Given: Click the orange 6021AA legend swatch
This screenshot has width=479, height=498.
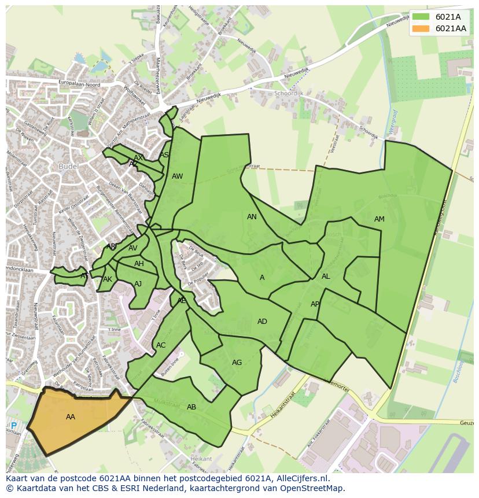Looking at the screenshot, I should click(x=421, y=28).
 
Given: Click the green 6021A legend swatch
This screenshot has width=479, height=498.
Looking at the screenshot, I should click(x=421, y=17).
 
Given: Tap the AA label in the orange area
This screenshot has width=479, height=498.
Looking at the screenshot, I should click(x=71, y=417).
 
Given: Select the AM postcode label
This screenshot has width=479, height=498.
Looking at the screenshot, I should click(x=379, y=219).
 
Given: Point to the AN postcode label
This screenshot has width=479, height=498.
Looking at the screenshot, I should click(x=252, y=217).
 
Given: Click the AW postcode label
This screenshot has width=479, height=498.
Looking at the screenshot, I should click(x=177, y=176).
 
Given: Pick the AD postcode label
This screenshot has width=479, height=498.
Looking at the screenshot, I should click(x=262, y=322).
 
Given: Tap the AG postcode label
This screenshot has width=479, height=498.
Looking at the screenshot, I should click(x=237, y=363).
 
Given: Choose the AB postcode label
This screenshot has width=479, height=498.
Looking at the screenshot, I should click(x=191, y=407).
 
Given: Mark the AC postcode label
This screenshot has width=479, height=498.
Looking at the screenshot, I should click(x=161, y=345).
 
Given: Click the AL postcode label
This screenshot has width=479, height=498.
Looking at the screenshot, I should click(x=326, y=276).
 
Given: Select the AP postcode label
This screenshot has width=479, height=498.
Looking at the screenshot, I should click(x=315, y=304).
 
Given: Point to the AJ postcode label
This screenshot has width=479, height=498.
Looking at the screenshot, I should click(x=138, y=284).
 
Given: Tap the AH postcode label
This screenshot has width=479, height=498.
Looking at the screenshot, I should click(x=139, y=264).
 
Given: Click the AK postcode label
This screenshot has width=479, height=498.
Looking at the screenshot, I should click(x=108, y=279).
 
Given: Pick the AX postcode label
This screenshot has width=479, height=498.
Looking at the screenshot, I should click(x=138, y=158).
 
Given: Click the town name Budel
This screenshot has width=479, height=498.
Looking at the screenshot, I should click(x=68, y=167).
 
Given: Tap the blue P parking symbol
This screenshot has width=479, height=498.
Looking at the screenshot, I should click(x=14, y=426).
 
